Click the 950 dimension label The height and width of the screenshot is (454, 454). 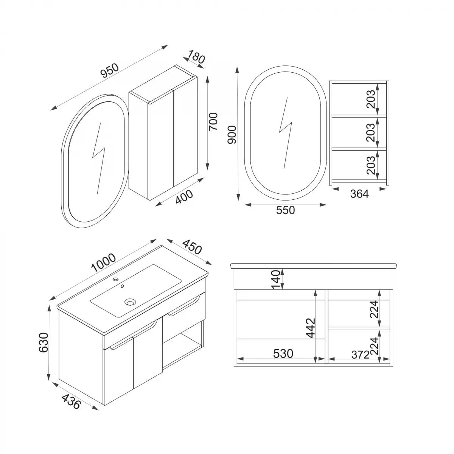point(110,71)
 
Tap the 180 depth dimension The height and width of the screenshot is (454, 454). point(196,58)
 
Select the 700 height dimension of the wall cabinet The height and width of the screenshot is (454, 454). point(213,121)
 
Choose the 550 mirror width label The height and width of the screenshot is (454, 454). point(285,210)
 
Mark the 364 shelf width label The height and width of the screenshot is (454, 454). point(359,194)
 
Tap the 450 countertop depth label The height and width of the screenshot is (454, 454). point(191,247)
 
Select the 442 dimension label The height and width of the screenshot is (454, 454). point(310,328)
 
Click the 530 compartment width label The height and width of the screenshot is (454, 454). point(283,353)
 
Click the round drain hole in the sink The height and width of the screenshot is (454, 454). point(131,302)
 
